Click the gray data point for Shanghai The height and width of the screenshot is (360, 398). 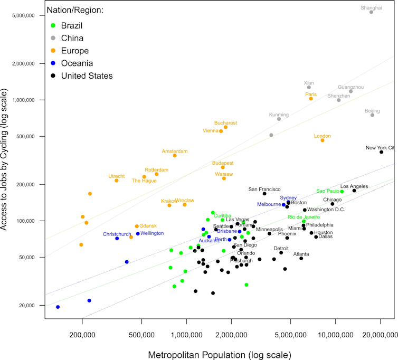coord(372,12)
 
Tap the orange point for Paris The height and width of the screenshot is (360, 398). coord(311,99)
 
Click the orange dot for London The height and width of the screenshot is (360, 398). coord(323,140)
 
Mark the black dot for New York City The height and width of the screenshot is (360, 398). coord(381,152)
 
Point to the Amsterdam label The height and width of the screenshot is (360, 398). coord(175,151)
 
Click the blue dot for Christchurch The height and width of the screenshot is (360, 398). coord(117,239)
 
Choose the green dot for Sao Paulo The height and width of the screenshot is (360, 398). coord(342,192)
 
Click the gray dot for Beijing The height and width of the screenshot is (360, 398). coord(372,115)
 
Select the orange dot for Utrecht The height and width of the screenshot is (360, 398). coord(117,181)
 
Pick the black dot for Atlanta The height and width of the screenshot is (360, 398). coord(301,258)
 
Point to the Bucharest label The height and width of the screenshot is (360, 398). coord(225,123)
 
